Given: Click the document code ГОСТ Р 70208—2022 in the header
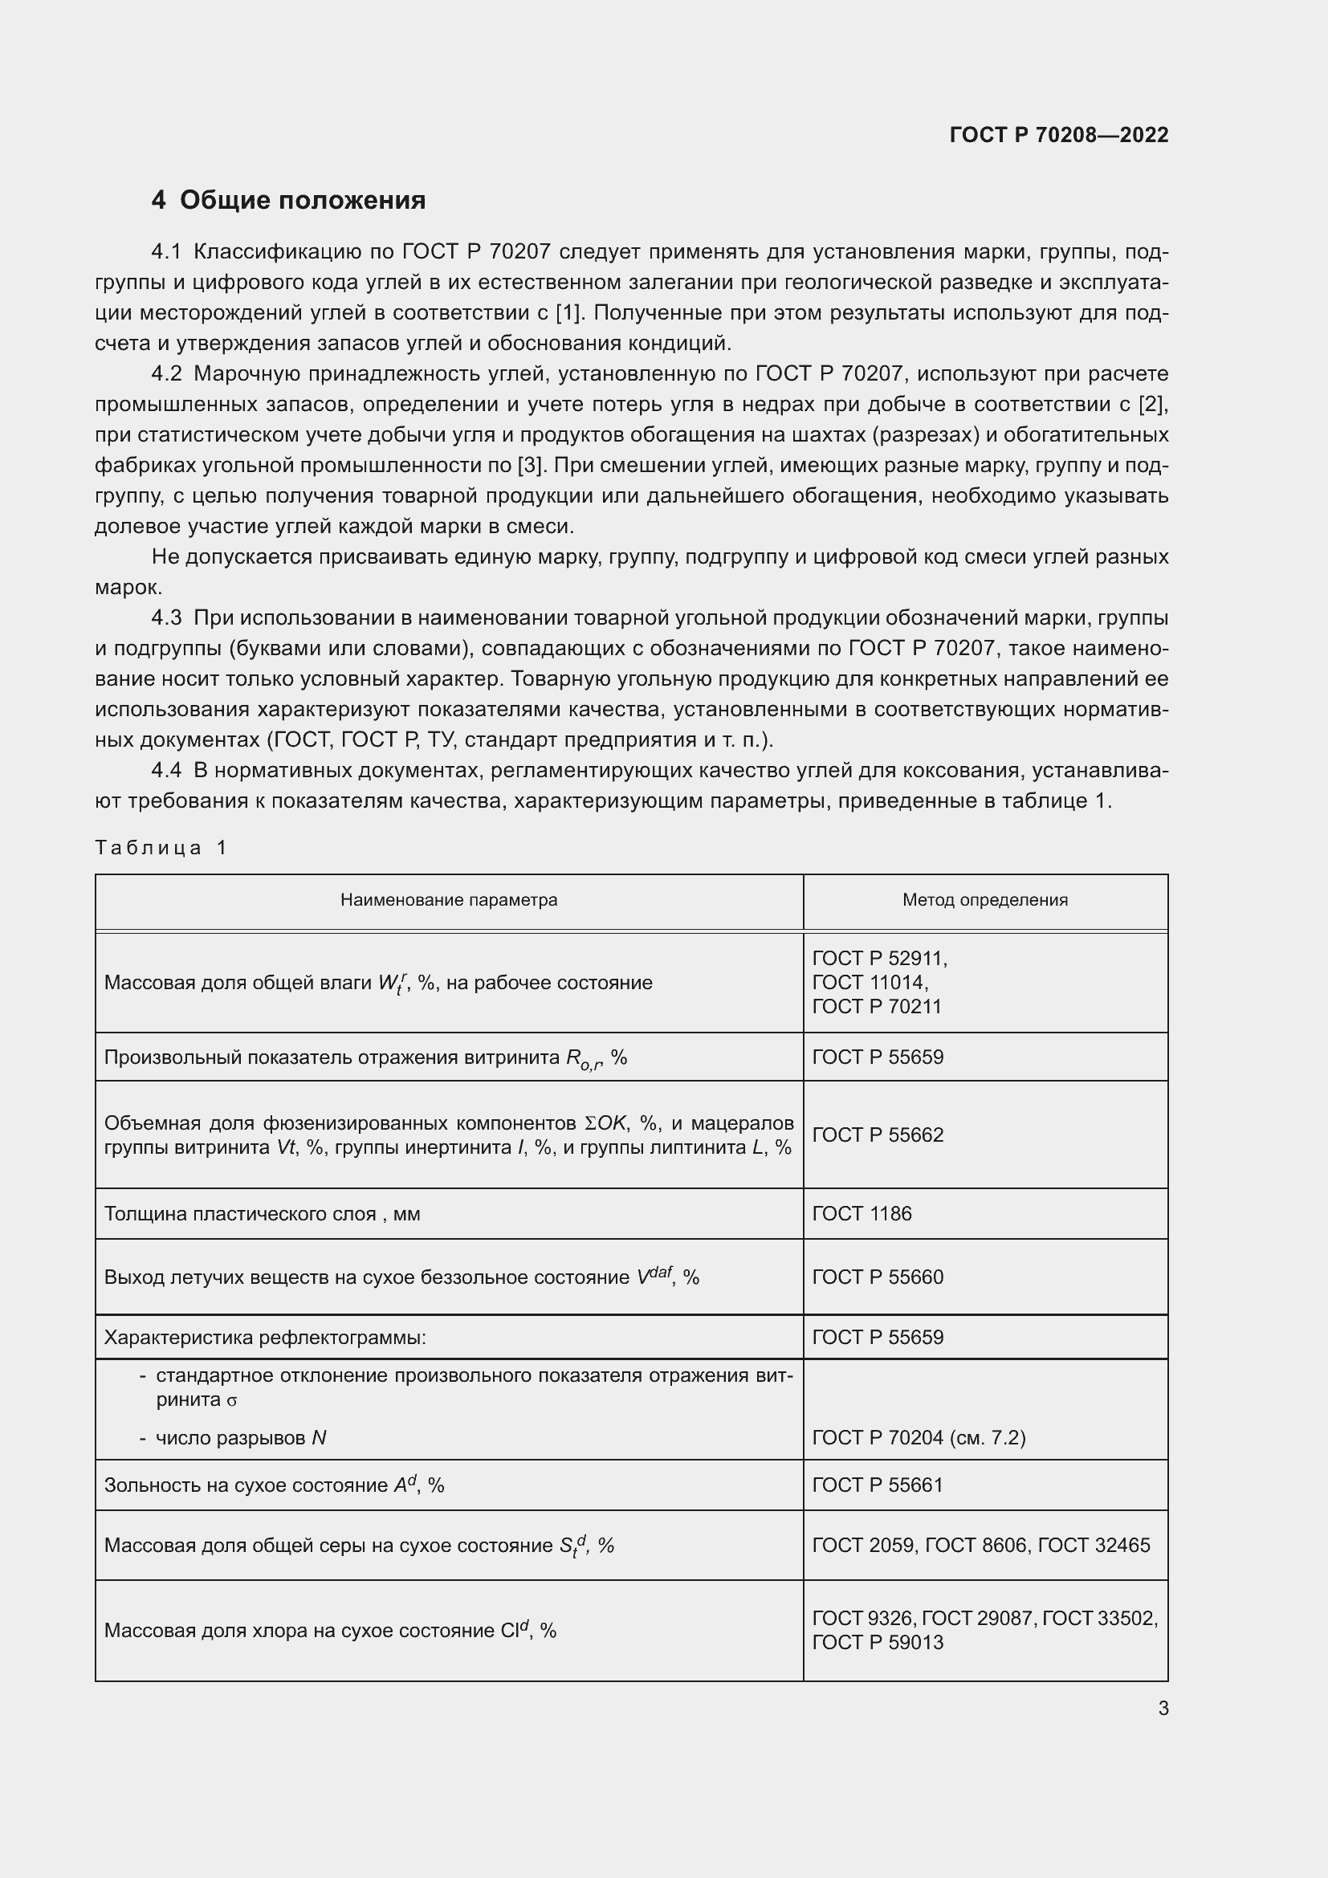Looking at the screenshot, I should coord(1058,135).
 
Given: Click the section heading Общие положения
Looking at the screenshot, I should coord(302,201).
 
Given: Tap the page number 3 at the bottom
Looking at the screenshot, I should coord(1163,1708).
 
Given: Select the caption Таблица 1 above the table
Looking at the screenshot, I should coord(161,847).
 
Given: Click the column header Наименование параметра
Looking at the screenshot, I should coord(448,900).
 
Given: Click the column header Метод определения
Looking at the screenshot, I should coord(984,900).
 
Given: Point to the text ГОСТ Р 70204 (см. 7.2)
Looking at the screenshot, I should coord(919,1437).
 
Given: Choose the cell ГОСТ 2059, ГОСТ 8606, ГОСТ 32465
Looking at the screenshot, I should coord(980,1545).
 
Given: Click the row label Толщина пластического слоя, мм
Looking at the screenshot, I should coord(262,1214).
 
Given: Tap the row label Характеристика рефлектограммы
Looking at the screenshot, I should coord(265,1338).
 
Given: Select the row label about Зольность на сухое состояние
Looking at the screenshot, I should coord(274,1485).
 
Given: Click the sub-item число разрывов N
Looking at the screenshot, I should coord(240,1438).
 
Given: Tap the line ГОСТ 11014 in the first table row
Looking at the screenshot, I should coord(870,981).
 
